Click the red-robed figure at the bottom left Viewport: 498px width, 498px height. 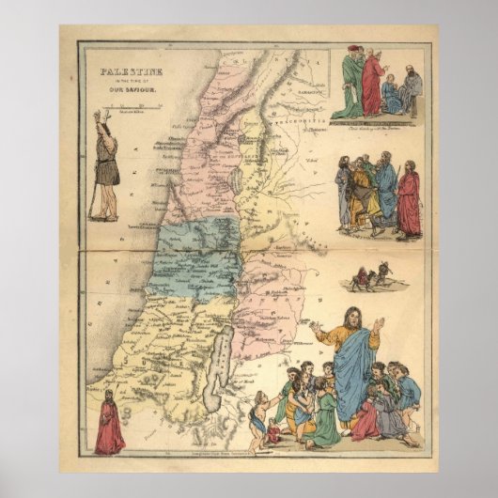[110, 425]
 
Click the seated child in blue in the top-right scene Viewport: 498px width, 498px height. [392, 97]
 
